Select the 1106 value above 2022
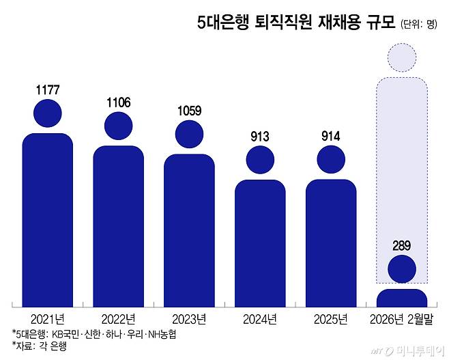(x=118, y=102)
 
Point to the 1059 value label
(x=188, y=111)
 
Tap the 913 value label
(x=259, y=136)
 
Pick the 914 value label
(x=330, y=136)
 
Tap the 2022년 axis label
(x=118, y=318)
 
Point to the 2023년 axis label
(x=189, y=318)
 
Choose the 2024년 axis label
(x=260, y=318)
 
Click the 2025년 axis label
(x=331, y=318)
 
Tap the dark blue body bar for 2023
(x=189, y=229)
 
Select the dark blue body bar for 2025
(x=331, y=242)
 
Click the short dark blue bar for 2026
(x=402, y=297)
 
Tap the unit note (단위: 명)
(x=418, y=25)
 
